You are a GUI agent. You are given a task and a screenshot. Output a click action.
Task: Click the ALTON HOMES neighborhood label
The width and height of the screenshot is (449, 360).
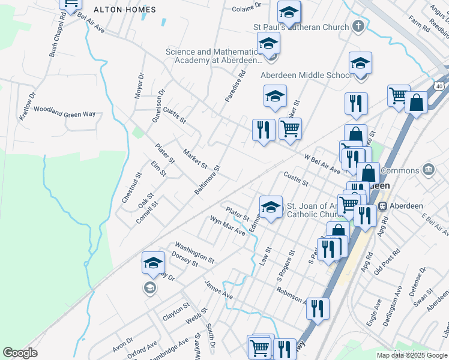coord(126,10)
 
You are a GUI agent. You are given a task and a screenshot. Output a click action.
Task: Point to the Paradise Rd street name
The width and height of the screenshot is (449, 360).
coord(236,87)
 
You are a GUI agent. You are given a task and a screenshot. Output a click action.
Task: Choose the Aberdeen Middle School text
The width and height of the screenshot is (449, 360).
coord(306,75)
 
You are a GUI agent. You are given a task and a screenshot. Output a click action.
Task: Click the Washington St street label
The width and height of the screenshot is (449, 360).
coord(194,253)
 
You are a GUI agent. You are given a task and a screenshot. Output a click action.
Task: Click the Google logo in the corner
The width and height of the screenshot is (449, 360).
coord(20,353)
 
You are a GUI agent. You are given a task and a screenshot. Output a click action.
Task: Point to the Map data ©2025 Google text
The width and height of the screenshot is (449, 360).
coord(411,355)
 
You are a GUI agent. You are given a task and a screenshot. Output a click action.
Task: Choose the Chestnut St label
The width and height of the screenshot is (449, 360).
coord(131,188)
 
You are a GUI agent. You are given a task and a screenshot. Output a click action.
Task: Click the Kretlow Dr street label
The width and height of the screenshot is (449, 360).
coord(28,106)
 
